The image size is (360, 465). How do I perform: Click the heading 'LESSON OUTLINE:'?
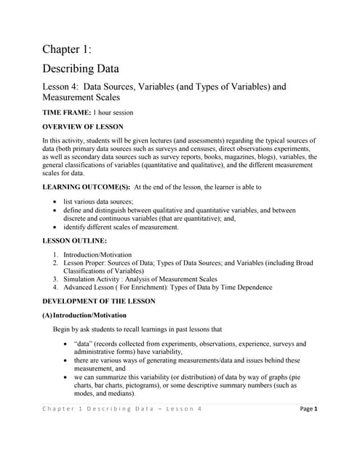[74, 240]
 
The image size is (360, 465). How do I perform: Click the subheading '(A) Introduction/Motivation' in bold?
[84, 315]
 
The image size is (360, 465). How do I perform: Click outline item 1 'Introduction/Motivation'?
[97, 254]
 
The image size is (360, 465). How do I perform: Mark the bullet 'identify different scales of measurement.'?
[121, 227]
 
